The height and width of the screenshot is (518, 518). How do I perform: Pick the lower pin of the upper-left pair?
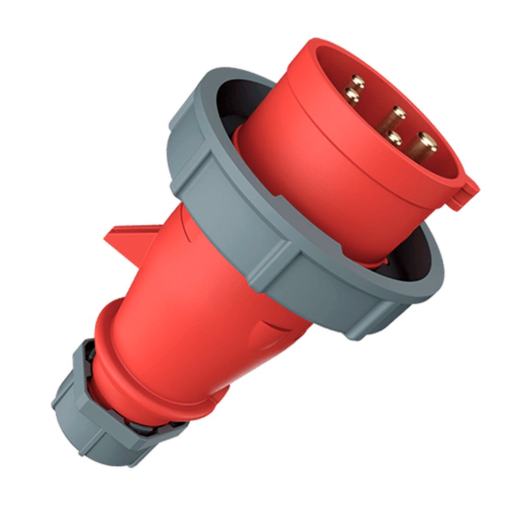[351, 95]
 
